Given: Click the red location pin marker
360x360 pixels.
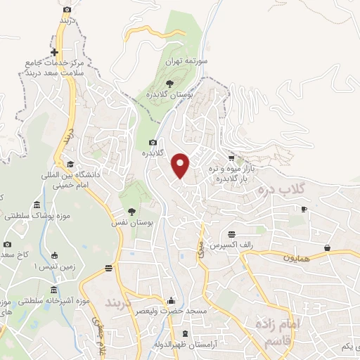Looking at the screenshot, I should coord(181,165).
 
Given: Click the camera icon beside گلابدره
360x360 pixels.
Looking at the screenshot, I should coord(153,142).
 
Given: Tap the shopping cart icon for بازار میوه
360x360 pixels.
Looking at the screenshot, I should coord(231,158).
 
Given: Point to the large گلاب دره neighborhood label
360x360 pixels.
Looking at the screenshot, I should coord(281,191).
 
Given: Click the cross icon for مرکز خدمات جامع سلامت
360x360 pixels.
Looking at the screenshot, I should coord(55,53).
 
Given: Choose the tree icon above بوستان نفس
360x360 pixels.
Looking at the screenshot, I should coord(131,211).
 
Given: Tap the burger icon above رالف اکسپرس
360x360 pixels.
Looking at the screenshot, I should coord(231,234).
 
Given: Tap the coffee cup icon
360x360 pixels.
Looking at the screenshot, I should coord(304,209).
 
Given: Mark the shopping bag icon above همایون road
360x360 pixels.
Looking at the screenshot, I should coord(328,247).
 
